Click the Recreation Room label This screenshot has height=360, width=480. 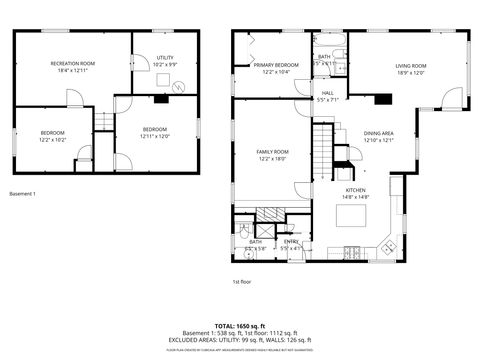[x=72, y=66]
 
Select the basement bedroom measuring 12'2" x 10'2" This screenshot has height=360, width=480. [x=52, y=136]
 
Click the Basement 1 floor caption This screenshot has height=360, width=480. [x=22, y=193]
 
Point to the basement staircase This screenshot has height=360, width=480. [x=103, y=121]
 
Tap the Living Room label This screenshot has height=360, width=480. [x=411, y=68]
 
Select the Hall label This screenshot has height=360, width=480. [x=327, y=97]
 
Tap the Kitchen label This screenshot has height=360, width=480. [x=357, y=193]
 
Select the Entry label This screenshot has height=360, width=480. [x=291, y=244]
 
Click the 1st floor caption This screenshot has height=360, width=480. [x=241, y=282]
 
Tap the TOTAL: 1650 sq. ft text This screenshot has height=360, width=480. [x=240, y=326]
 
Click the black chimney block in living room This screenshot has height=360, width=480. [x=381, y=98]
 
